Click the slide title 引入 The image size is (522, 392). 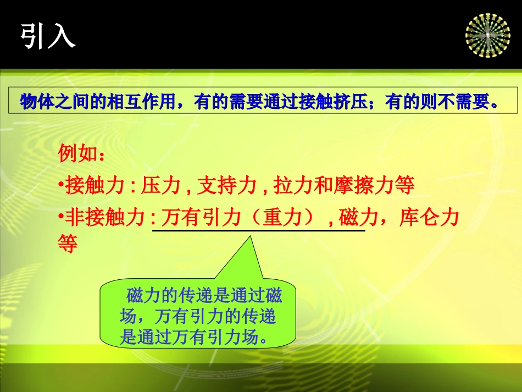click(x=48, y=37)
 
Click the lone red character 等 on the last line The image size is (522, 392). click(x=67, y=244)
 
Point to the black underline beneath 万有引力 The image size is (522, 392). click(x=258, y=231)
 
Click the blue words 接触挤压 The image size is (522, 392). click(x=319, y=102)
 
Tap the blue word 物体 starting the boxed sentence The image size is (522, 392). click(x=34, y=102)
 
